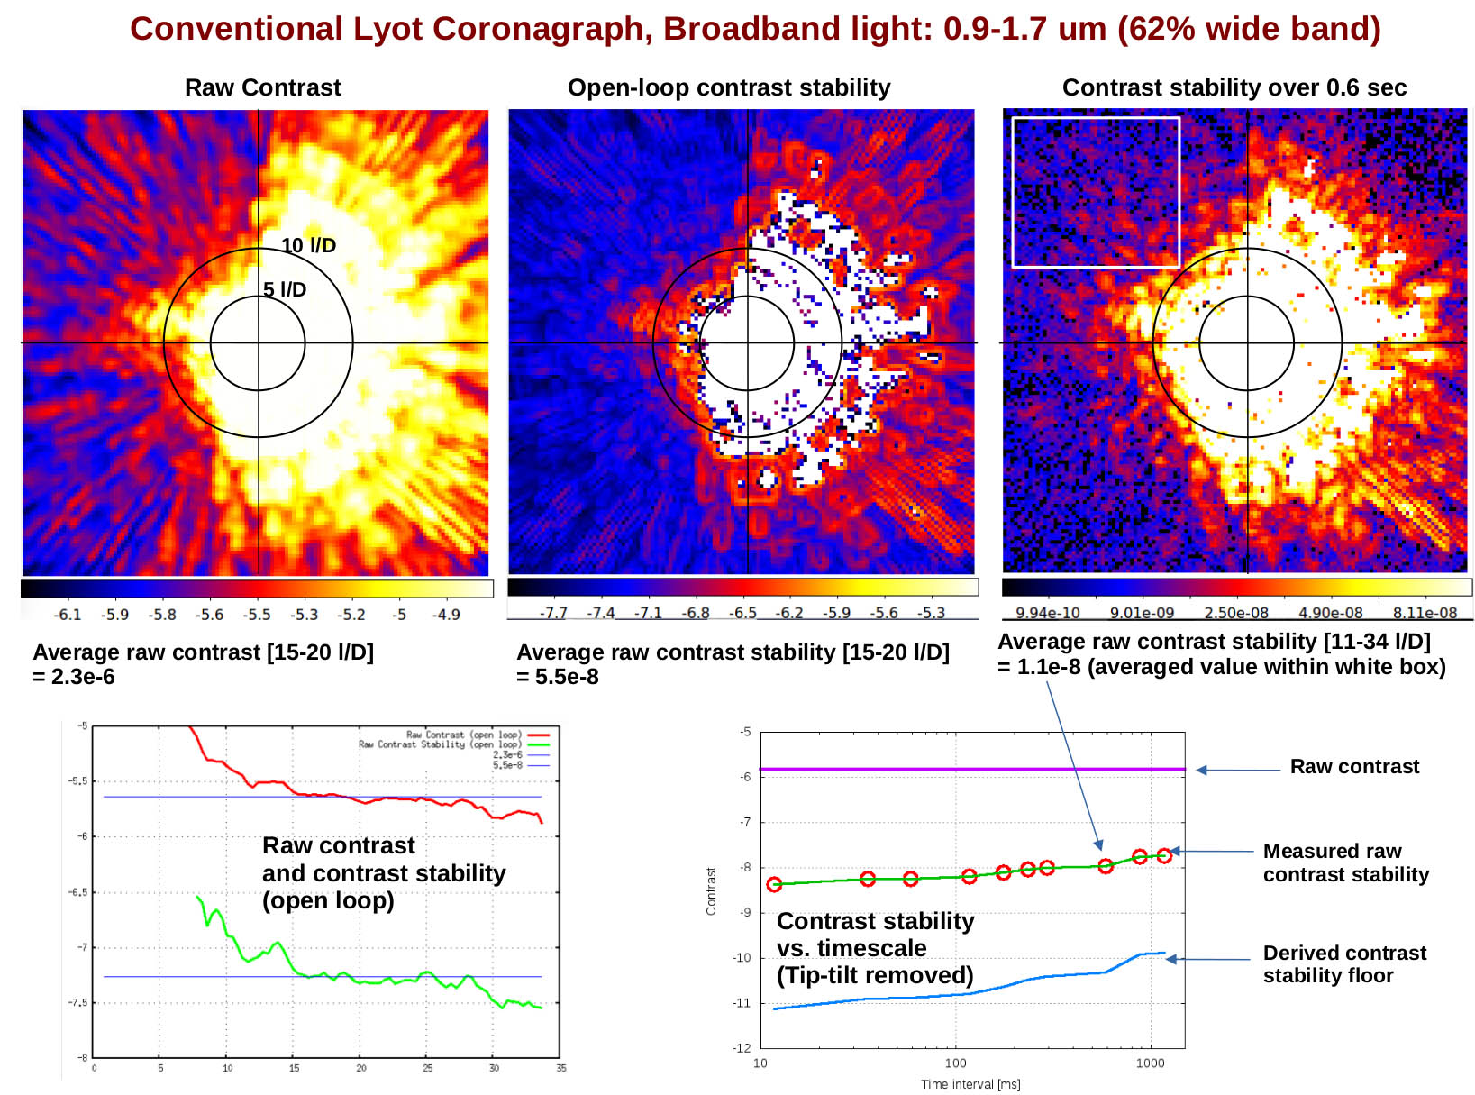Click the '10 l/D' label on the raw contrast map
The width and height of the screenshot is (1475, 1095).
coord(308,245)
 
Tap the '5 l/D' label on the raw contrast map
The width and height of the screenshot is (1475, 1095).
coord(285,289)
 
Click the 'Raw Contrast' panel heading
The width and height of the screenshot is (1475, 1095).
coord(262,87)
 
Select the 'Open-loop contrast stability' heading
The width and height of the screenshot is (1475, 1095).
coord(728,87)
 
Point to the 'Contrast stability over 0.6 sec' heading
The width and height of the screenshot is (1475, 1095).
coord(1234,87)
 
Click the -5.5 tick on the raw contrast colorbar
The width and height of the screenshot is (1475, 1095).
coord(257,615)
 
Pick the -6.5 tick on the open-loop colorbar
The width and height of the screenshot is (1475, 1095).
coord(742,613)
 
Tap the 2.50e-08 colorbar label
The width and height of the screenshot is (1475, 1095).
coord(1235,613)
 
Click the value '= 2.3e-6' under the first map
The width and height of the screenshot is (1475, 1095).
coord(74,677)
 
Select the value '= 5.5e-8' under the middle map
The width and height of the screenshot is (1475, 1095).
coord(558,677)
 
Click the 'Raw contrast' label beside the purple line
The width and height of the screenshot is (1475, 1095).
coord(1353,767)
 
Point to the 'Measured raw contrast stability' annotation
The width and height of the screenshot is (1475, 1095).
coord(1345,862)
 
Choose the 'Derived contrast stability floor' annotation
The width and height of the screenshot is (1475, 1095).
coord(1344,964)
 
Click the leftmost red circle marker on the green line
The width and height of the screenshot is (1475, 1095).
coord(774,884)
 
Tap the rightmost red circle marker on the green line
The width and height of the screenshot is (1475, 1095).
coord(1164,855)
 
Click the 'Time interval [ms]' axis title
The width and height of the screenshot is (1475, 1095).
coord(970,1084)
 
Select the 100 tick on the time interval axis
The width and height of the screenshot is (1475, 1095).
coord(955,1063)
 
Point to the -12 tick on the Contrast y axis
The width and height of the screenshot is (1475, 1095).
coord(742,1048)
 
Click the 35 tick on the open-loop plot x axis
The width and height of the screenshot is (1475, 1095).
coord(560,1069)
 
